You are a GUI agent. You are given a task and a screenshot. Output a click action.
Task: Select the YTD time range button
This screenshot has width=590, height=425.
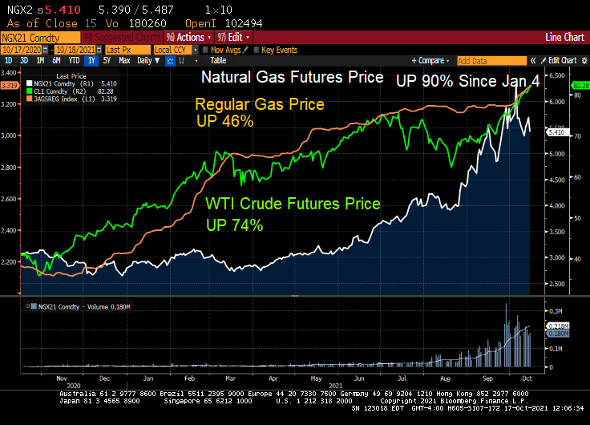point(75,60)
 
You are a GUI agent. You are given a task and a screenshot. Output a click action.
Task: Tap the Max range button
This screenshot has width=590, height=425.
point(124,60)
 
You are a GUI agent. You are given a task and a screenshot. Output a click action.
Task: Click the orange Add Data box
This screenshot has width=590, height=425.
point(482,60)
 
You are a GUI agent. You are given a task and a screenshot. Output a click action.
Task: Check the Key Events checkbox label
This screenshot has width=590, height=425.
point(279,49)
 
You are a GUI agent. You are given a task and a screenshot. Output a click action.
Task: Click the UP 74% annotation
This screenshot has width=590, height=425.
point(235,225)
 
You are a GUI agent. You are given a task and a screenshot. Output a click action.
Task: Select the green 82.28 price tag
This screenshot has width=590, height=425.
point(579,85)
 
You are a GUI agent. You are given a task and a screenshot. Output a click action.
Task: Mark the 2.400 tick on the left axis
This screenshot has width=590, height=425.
point(12,230)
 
